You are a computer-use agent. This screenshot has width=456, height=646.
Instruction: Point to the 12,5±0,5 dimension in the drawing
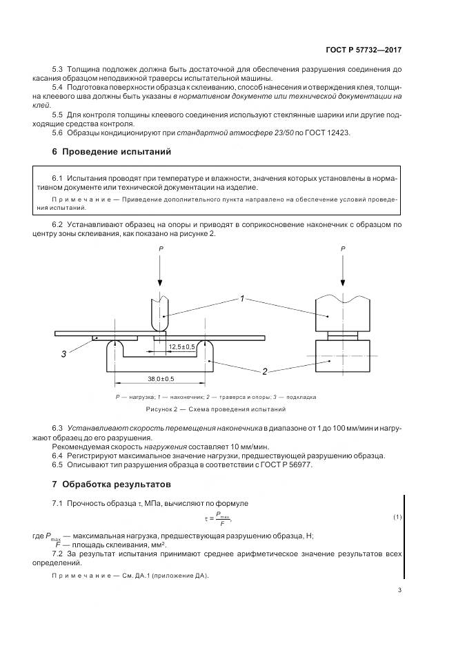(x=181, y=347)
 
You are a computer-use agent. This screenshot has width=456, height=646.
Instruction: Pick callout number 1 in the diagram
(x=242, y=299)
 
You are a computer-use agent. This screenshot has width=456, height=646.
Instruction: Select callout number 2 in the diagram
(x=264, y=372)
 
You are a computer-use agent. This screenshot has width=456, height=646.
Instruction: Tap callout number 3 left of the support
(x=63, y=354)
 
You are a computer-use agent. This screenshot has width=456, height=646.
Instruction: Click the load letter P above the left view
(x=161, y=247)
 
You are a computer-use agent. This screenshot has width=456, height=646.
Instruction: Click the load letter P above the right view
(x=343, y=247)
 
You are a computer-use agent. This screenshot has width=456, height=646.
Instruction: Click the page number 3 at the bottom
(x=400, y=589)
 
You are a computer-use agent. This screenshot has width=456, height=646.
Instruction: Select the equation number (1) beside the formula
(x=397, y=517)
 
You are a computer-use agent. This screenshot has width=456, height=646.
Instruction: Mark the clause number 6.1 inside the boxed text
(x=59, y=178)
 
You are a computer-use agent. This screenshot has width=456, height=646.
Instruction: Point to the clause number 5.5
(x=59, y=113)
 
